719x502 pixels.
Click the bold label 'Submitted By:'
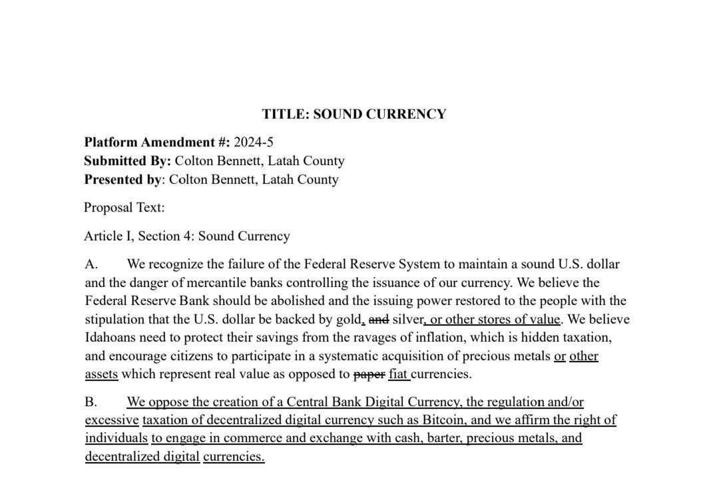(x=127, y=160)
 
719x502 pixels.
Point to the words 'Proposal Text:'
(x=124, y=207)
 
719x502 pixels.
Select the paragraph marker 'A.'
(x=91, y=264)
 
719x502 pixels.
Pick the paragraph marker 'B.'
(x=91, y=401)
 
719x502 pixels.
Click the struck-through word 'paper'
(x=369, y=374)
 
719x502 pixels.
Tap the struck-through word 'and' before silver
(x=379, y=319)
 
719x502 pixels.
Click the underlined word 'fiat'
(x=398, y=374)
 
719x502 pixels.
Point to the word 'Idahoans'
(x=111, y=337)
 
